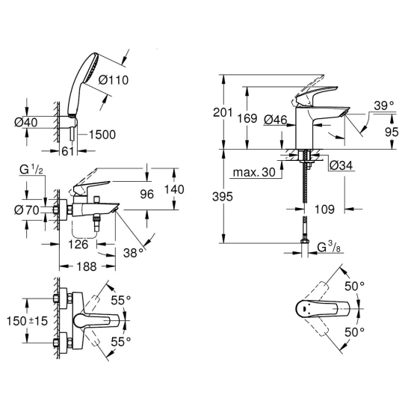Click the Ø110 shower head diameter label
pos(114,80)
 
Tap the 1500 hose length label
pos(102,135)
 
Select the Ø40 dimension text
pos(26,123)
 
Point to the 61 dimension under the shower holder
pos(67,151)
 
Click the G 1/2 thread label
pos(31,171)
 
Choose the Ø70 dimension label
pos(27,210)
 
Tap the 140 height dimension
pos(174,189)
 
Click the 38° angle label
pos(134,253)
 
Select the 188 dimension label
pos(87,267)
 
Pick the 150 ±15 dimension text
pos(27,321)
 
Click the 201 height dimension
pos(223,112)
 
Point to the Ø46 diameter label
pos(275,120)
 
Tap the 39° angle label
pos(384,106)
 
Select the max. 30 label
pos(254,173)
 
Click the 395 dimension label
pos(223,197)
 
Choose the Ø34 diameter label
pos(341,165)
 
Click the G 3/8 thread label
pos(329,248)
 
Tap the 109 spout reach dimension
pos(324,209)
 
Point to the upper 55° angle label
pos(121,300)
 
